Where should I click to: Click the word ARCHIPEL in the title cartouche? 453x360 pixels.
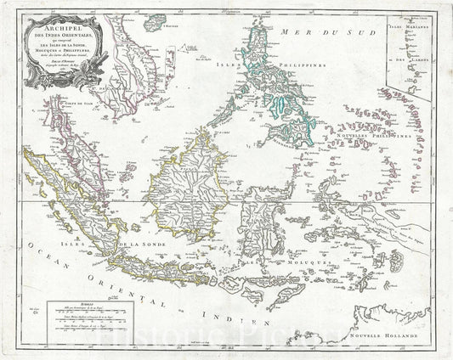pos(59,24)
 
